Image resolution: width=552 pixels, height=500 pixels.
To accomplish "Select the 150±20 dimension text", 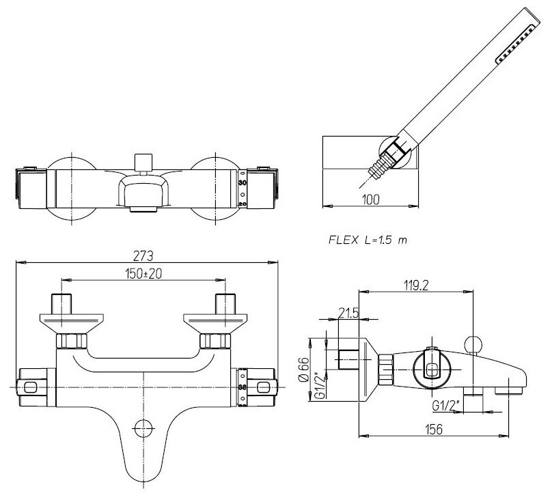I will pyautogui.click(x=143, y=273).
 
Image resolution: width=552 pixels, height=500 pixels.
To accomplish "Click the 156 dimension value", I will pyautogui.click(x=433, y=428).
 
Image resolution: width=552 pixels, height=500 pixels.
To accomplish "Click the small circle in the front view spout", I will pyautogui.click(x=143, y=428).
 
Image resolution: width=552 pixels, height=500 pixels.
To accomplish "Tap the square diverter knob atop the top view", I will pyautogui.click(x=143, y=161).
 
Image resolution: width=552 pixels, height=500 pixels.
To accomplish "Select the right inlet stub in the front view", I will pyautogui.click(x=225, y=302).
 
